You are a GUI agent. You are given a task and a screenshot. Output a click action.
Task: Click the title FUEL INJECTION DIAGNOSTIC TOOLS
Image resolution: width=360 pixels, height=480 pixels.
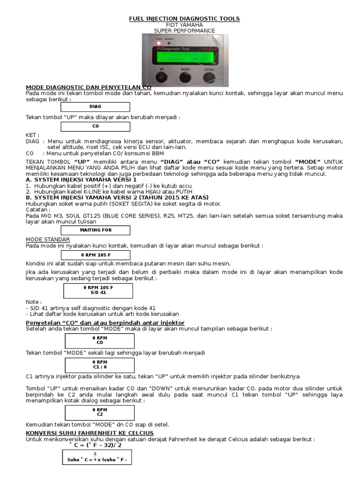[184, 19]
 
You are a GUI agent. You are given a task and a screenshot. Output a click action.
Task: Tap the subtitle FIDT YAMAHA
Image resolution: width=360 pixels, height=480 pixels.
[184, 25]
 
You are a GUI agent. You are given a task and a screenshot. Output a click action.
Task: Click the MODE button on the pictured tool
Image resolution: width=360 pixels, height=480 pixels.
[184, 76]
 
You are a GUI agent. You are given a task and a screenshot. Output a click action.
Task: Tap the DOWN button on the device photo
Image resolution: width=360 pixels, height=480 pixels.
[209, 76]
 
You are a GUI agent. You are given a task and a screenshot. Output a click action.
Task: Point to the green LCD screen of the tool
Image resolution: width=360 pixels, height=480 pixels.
[184, 57]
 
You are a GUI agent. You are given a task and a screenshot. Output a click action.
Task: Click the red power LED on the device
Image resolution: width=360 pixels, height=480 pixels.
[158, 44]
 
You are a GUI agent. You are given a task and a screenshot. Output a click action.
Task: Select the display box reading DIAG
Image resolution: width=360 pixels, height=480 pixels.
[96, 106]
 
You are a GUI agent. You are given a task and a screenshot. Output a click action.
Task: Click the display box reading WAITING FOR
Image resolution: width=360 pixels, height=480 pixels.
[96, 230]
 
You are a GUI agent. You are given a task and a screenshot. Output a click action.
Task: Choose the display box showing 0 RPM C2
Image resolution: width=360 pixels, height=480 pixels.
[99, 412]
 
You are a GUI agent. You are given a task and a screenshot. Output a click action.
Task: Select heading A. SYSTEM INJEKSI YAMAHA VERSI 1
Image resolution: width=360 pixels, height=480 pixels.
[81, 180]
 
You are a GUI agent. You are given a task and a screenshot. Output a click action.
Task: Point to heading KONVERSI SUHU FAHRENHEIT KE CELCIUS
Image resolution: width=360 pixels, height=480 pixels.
[90, 433]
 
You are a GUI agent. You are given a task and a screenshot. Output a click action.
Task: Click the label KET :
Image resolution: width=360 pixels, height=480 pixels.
[32, 135]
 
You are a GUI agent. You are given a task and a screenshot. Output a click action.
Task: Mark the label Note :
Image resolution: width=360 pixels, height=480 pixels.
[34, 302]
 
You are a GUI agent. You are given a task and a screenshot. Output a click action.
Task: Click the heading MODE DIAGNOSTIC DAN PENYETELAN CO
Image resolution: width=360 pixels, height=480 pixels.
[89, 87]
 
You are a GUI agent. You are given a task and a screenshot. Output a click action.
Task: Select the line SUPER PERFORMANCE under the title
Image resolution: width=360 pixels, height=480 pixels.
[184, 31]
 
